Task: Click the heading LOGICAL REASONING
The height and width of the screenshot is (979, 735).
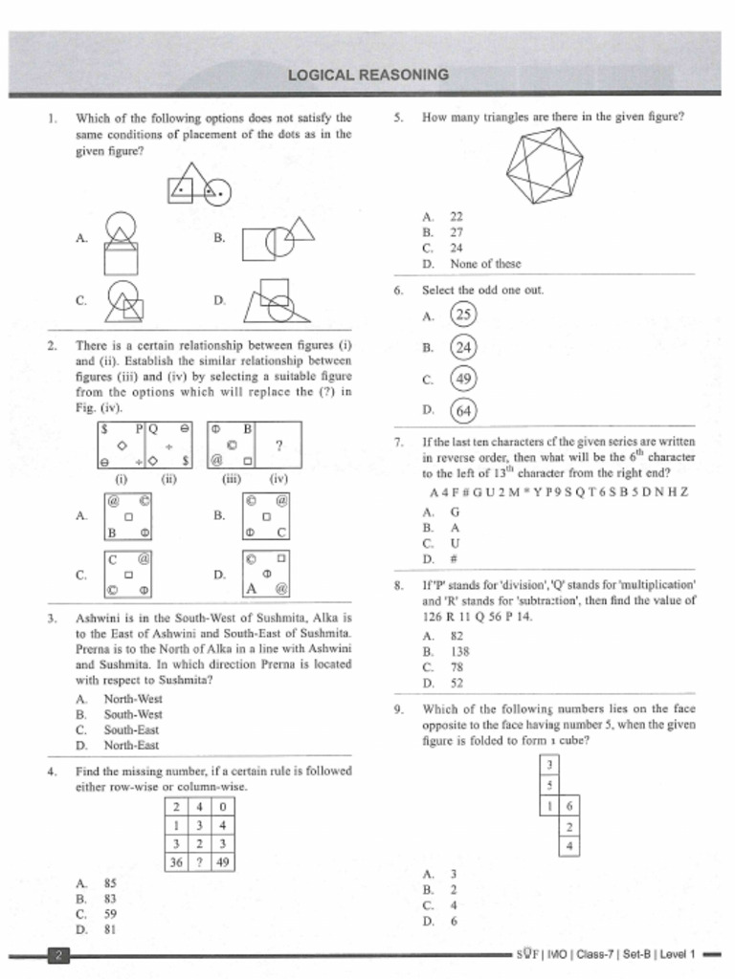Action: click(368, 75)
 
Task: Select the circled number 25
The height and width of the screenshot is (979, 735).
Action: click(463, 315)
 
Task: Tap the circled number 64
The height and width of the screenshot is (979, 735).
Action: click(463, 411)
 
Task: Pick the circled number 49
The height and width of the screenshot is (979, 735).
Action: click(463, 380)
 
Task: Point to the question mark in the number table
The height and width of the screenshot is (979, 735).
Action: click(199, 862)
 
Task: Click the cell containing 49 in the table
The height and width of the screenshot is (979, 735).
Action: click(222, 862)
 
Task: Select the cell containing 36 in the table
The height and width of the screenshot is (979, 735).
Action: click(176, 862)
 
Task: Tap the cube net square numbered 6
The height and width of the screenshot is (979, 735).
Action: click(569, 807)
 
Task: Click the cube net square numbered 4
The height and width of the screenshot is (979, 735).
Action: click(569, 846)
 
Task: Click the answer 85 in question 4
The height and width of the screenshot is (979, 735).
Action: click(110, 883)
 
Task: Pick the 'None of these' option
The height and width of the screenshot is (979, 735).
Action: click(485, 263)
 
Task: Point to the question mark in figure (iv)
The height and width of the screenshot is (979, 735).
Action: click(278, 446)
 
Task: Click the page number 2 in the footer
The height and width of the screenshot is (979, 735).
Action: click(58, 954)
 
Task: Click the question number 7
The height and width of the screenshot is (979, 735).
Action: click(398, 442)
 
